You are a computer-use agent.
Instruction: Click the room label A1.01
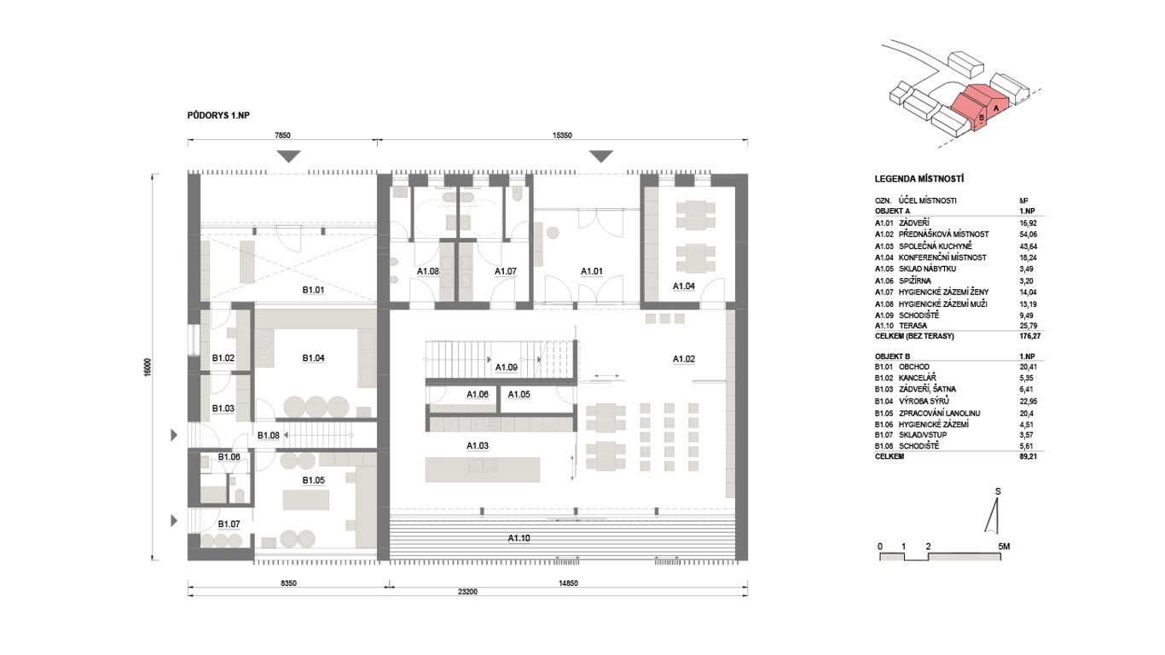(591, 271)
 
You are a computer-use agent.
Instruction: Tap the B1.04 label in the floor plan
(313, 358)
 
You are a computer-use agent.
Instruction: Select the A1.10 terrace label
(519, 538)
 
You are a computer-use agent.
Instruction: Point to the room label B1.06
(229, 457)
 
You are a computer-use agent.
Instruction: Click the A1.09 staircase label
(506, 368)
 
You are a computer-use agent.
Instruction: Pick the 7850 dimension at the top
(282, 136)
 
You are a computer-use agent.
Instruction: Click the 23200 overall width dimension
(467, 592)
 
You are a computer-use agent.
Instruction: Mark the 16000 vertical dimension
(148, 367)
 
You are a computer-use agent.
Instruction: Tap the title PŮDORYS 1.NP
(218, 115)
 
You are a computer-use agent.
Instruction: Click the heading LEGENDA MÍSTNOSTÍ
(919, 179)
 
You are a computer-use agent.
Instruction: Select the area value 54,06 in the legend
(1029, 235)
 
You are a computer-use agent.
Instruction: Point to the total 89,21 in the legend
(1029, 456)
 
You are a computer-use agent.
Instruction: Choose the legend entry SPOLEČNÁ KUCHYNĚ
(935, 246)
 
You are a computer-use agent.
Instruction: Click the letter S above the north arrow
(998, 491)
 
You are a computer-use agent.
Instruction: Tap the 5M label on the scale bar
(1004, 547)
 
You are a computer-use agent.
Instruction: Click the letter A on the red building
(996, 108)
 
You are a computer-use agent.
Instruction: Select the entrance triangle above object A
(601, 156)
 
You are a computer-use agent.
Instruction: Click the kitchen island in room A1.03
(483, 470)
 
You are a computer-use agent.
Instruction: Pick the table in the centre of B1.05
(306, 500)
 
